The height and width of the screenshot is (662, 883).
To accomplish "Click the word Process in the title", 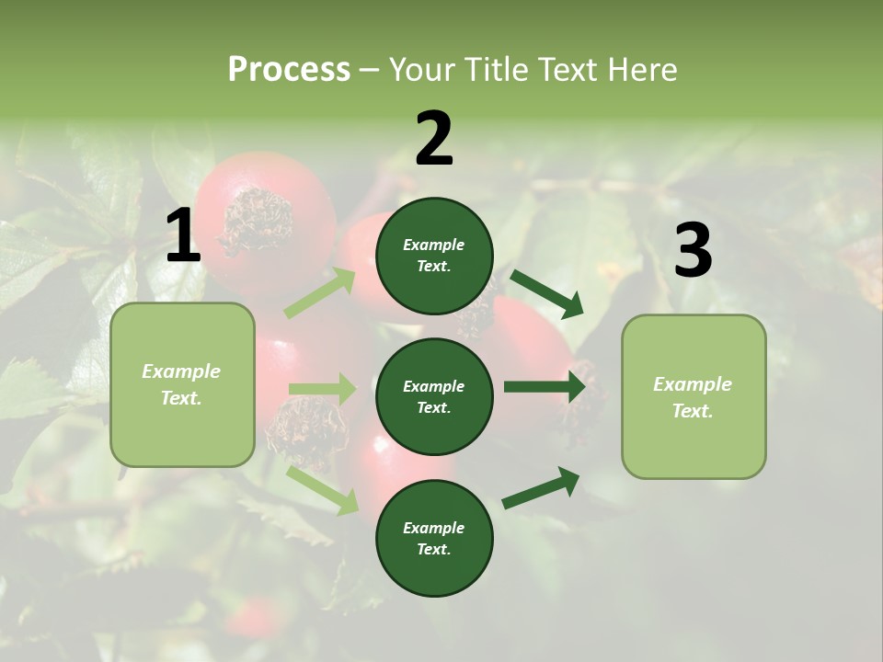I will [x=289, y=70].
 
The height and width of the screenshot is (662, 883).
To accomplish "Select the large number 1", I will [x=183, y=236].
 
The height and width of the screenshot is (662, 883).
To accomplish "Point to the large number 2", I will [x=434, y=139].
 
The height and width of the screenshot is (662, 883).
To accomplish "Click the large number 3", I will [x=693, y=251].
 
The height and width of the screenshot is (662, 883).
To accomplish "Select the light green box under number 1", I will [x=182, y=384].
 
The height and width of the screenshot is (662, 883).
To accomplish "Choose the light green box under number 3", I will [x=694, y=397].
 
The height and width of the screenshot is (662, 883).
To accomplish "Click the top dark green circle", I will [x=434, y=256].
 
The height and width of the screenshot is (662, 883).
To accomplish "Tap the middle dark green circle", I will [x=434, y=396].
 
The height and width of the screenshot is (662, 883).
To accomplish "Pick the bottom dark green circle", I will [x=434, y=538].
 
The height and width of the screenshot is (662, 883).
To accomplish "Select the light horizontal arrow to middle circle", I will [x=322, y=389].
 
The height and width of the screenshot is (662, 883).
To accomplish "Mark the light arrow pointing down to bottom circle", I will [x=322, y=489].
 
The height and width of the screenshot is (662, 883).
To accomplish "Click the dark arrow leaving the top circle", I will [x=546, y=293].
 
